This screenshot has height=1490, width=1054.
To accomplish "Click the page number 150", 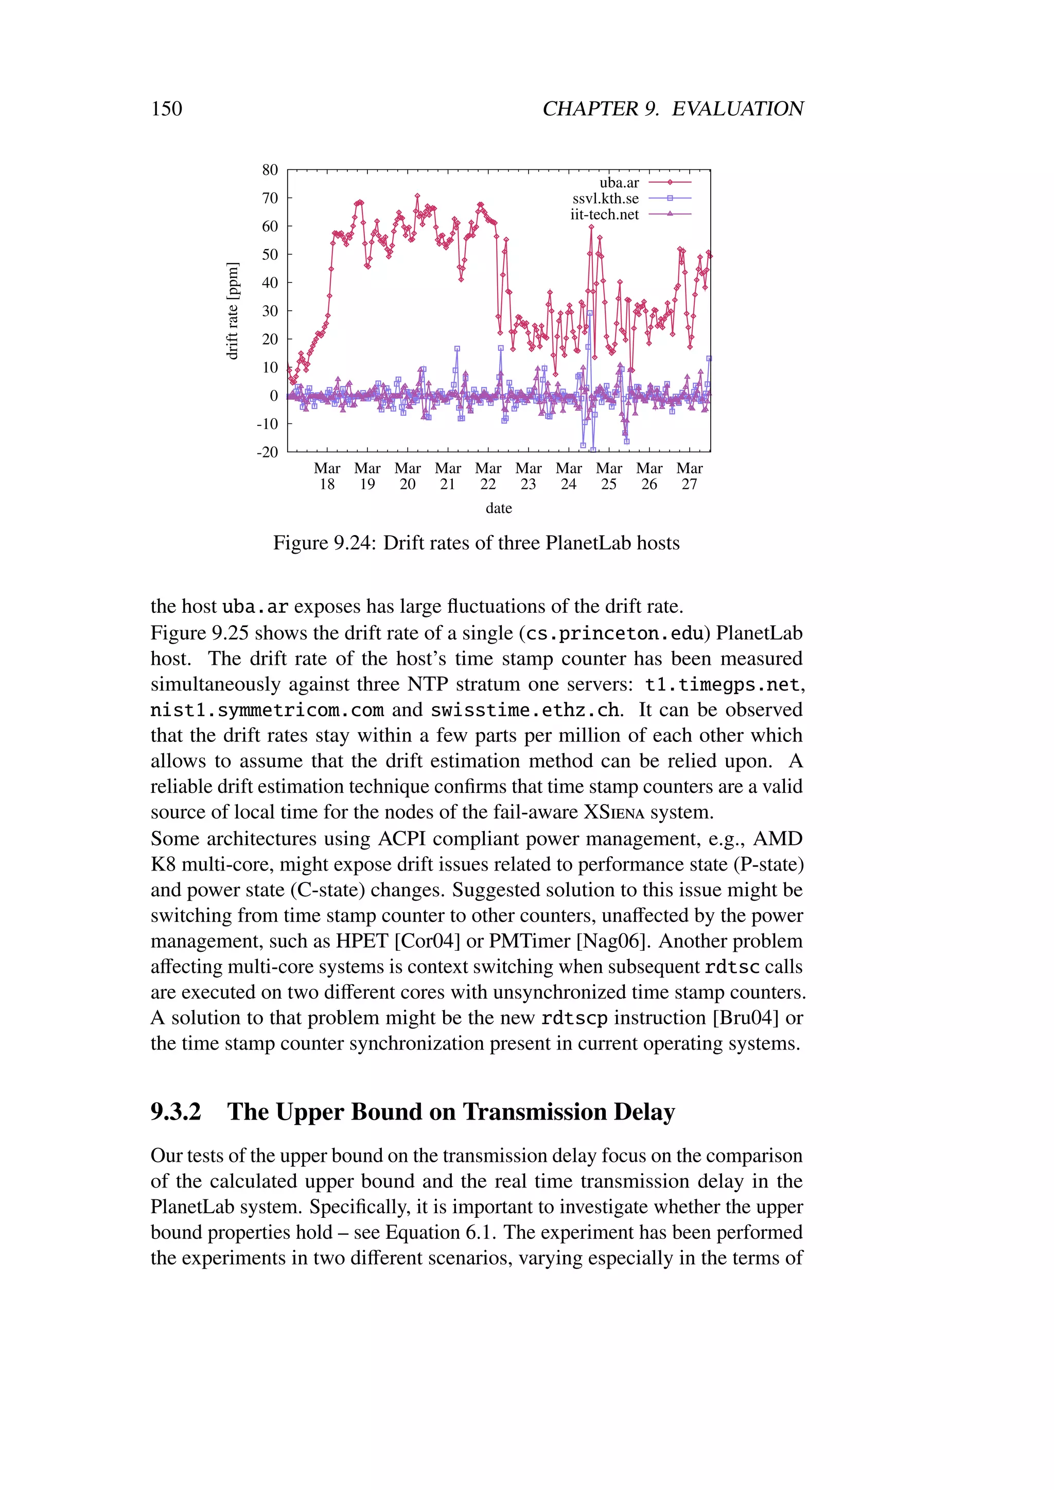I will pos(167,109).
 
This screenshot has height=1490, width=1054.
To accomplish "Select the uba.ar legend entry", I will pos(619,183).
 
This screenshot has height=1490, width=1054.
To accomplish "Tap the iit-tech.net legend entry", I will pos(604,215).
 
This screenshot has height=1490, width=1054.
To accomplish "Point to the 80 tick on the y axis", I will pos(270,170).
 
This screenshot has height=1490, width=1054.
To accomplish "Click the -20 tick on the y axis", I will pos(268,452).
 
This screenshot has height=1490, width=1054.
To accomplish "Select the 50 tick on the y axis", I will pos(270,254).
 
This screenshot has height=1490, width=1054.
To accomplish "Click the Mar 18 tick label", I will pos(327,476).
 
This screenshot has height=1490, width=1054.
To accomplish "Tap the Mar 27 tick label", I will pos(689,476).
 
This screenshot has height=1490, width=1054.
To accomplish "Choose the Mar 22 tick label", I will pos(488,476).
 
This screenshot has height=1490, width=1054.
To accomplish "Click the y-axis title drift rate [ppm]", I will pos(232,311).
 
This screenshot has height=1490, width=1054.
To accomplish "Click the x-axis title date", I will pos(499,508).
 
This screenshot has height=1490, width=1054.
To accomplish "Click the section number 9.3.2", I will pos(176,1112).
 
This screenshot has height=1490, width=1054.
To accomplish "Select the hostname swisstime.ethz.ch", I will pos(524,710).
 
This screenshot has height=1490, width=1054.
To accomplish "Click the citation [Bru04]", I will pos(746,1018).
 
